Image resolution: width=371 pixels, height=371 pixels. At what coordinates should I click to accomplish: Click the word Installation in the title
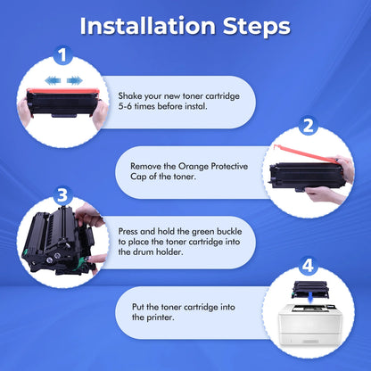tap(148, 26)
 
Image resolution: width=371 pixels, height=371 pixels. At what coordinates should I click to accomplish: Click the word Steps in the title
tap(256, 28)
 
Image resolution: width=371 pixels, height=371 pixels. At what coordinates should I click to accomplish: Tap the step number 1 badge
tap(62, 55)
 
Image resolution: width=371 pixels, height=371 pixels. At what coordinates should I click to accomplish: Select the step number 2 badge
tap(308, 126)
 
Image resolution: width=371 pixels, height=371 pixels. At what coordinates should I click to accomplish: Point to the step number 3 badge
tap(62, 196)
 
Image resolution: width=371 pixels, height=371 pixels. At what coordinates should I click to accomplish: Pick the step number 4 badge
tap(308, 266)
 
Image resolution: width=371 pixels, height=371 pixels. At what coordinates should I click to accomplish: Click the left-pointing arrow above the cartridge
tap(53, 80)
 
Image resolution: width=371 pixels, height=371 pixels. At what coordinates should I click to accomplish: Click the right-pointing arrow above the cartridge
tap(75, 80)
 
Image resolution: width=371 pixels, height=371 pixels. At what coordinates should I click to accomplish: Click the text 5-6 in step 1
tap(125, 106)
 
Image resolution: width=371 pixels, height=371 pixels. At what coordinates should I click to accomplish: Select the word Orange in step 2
tap(194, 166)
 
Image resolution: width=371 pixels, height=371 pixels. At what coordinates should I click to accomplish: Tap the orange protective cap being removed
tap(306, 154)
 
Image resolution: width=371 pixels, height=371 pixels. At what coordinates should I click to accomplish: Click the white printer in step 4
tap(309, 325)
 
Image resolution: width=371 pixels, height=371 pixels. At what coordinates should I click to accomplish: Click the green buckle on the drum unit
tap(79, 263)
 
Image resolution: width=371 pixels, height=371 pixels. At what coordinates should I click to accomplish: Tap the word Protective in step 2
tap(229, 166)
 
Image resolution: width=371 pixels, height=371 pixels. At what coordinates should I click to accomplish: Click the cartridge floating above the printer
tap(309, 287)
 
